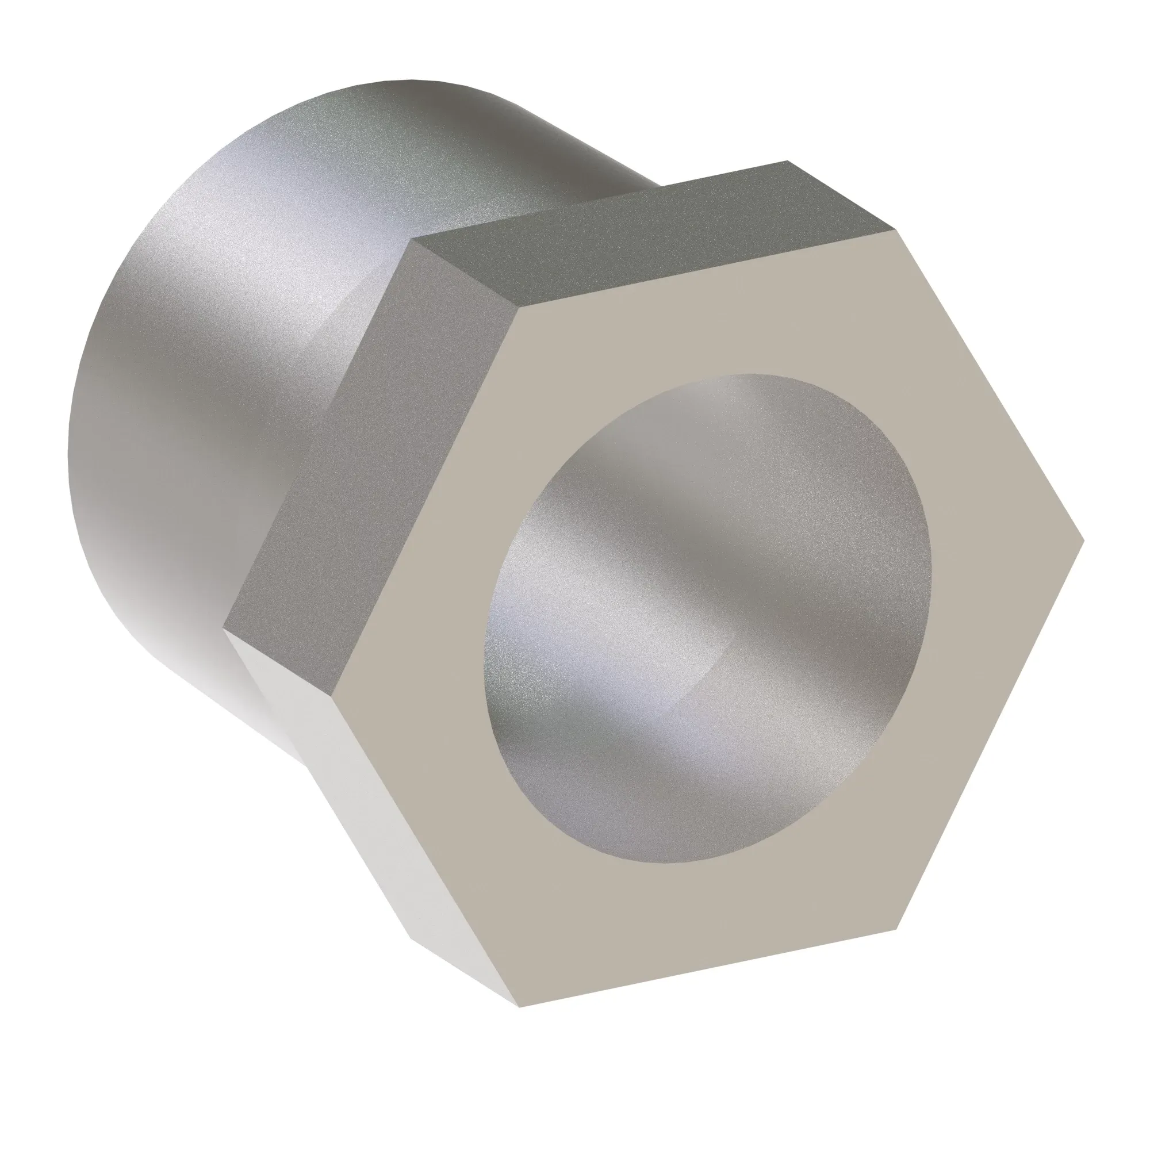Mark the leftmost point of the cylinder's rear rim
point(69,453)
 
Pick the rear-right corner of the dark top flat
point(787,162)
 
